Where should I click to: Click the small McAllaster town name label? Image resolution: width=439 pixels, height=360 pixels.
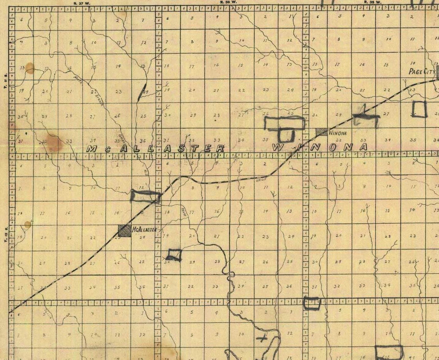144,229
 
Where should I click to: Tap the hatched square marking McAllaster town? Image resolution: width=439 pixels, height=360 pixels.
124,230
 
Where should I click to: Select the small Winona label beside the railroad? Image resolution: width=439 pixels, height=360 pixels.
338,133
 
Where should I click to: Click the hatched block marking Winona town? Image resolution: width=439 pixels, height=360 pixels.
321,132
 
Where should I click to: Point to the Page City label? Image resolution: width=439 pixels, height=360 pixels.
422,72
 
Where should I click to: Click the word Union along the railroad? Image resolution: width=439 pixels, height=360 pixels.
261,179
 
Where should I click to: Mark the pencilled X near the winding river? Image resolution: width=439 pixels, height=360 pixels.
263,339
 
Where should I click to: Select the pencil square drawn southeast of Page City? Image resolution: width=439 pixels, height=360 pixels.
419,109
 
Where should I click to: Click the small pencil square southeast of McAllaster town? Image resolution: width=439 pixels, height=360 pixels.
174,255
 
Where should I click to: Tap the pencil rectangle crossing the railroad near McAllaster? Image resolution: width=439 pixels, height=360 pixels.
145,196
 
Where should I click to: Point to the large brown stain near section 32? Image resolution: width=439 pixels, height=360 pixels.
53,143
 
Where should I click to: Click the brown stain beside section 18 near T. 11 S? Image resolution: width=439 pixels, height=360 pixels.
30,68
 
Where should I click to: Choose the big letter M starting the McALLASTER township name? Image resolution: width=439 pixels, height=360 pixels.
92,149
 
